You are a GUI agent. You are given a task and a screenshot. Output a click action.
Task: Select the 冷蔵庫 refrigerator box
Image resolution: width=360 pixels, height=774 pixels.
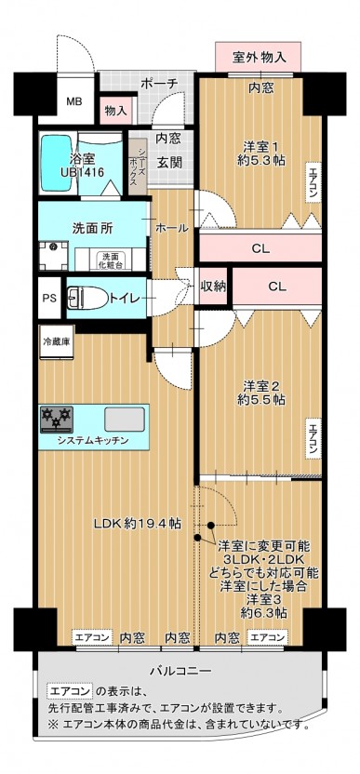tap(57, 341)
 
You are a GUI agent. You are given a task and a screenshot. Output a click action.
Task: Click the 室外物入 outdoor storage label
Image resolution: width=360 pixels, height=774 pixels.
tap(259, 57)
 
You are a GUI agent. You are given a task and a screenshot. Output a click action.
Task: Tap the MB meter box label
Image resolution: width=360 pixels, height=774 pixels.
tap(74, 102)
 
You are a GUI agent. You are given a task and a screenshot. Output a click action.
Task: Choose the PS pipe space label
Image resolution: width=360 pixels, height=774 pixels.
tap(49, 299)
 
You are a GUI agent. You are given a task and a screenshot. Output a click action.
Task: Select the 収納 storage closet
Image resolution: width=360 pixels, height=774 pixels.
tap(213, 287)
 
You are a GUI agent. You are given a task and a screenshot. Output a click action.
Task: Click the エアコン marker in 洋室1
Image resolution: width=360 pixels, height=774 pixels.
tap(313, 182)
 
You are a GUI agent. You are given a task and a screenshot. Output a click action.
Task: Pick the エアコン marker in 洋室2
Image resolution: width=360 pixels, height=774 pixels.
tap(313, 439)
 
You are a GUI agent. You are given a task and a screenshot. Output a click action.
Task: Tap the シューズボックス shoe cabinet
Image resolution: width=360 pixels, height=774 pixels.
tap(138, 166)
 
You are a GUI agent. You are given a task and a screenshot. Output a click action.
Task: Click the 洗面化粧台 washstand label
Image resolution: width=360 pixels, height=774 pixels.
tap(111, 260)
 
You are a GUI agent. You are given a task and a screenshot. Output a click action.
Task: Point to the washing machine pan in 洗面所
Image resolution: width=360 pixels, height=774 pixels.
tap(54, 255)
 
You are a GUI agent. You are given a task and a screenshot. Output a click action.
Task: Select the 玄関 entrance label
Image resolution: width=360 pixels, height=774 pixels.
tap(169, 163)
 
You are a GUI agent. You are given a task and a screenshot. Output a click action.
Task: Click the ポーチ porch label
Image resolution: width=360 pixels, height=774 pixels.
tap(159, 84)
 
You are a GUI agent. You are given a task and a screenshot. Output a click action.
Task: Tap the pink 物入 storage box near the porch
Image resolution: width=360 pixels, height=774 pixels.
tap(116, 110)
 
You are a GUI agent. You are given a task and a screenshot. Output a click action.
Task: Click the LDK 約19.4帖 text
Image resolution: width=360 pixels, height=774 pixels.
tap(138, 525)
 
